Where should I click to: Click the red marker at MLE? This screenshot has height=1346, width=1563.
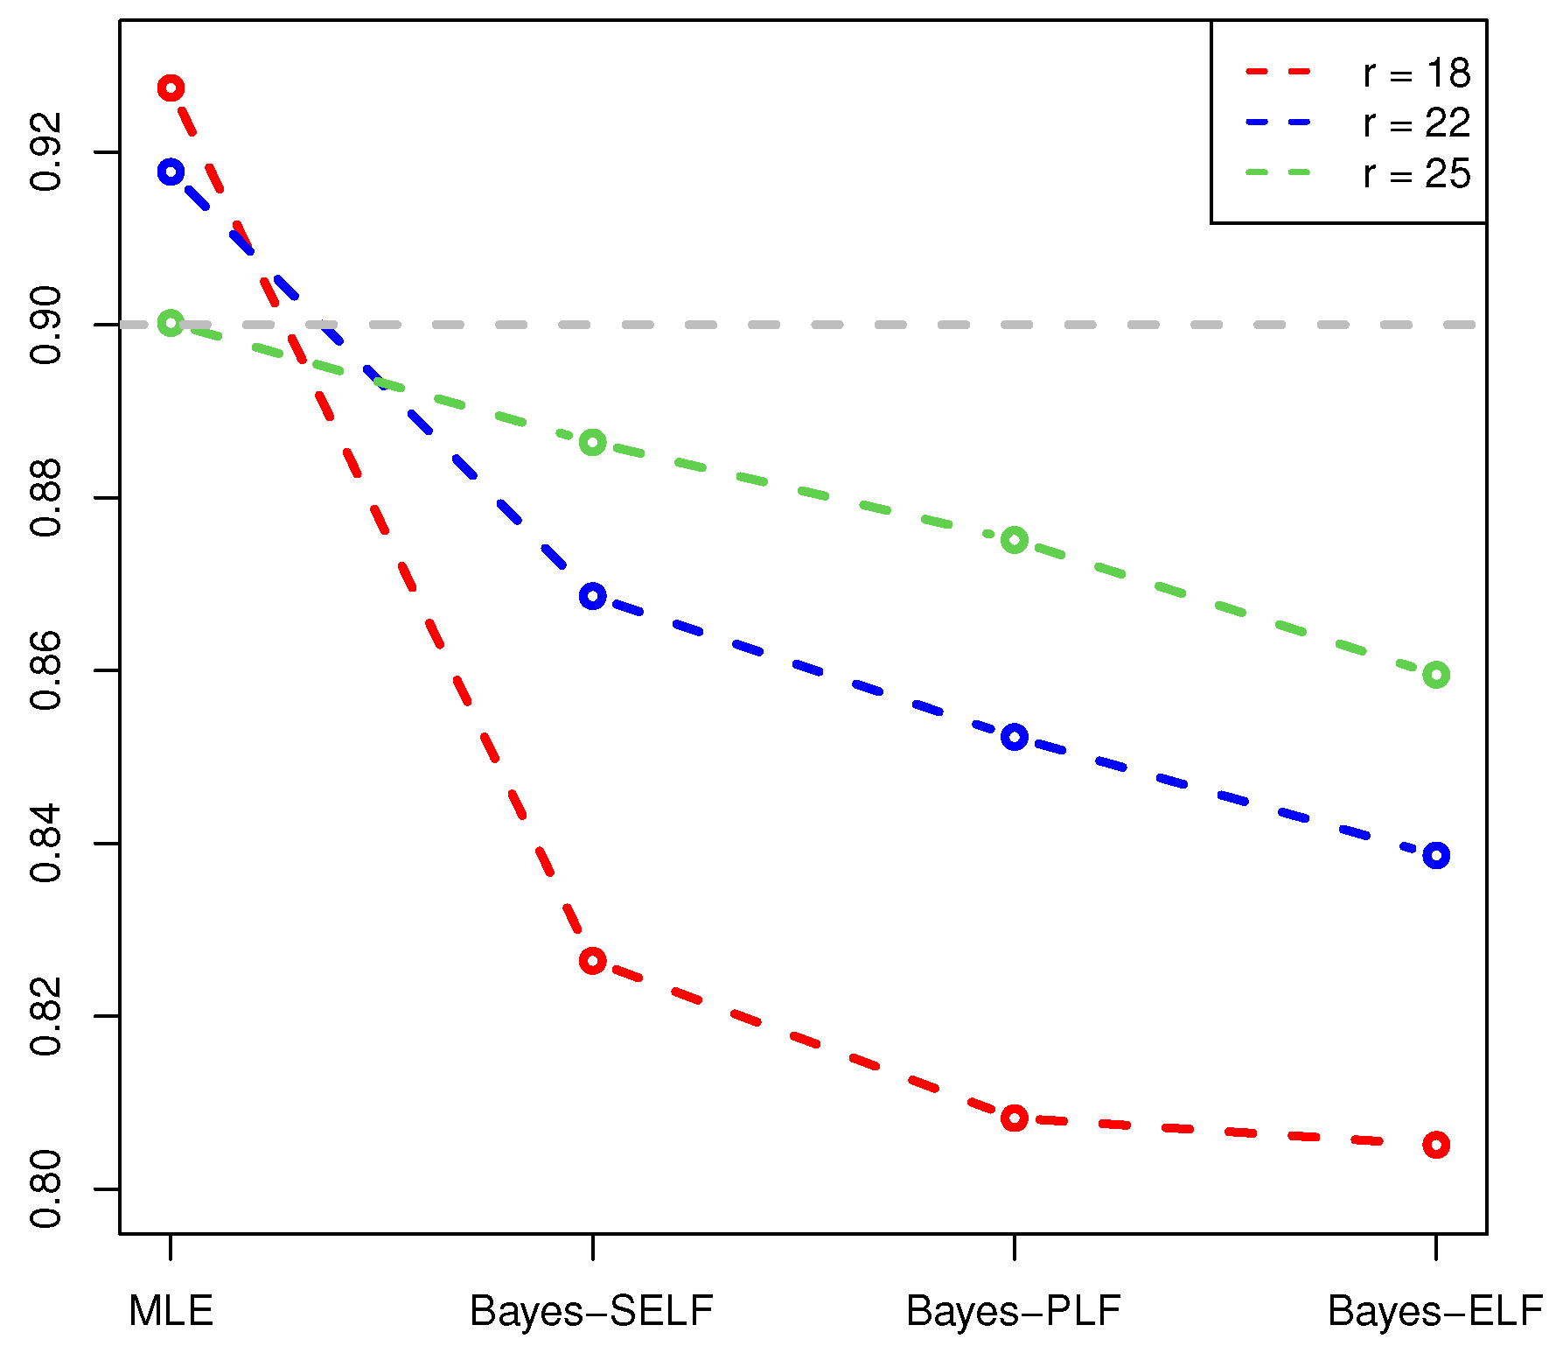[171, 88]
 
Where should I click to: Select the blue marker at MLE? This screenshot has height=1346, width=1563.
[171, 172]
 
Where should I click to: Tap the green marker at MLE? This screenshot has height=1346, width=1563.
[171, 324]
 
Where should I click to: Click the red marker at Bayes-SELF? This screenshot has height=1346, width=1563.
[592, 961]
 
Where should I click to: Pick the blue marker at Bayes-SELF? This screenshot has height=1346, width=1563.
[592, 597]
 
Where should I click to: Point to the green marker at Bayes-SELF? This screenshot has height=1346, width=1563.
[592, 442]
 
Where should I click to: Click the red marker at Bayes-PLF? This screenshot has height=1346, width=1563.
[1014, 1118]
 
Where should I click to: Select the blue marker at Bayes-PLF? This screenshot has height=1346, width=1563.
[1014, 737]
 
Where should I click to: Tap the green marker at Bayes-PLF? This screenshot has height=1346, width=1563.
[1014, 540]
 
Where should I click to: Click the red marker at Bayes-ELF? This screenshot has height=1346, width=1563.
[1435, 1144]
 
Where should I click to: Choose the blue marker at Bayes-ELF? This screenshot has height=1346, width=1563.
[1435, 855]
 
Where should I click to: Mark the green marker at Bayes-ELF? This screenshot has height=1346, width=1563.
[1435, 675]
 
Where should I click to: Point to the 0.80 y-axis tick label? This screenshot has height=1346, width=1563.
[45, 1188]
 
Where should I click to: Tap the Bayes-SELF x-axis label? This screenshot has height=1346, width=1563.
[592, 1311]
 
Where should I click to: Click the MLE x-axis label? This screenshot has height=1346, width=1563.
[171, 1311]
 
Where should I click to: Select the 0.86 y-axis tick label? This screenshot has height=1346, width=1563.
[45, 670]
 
